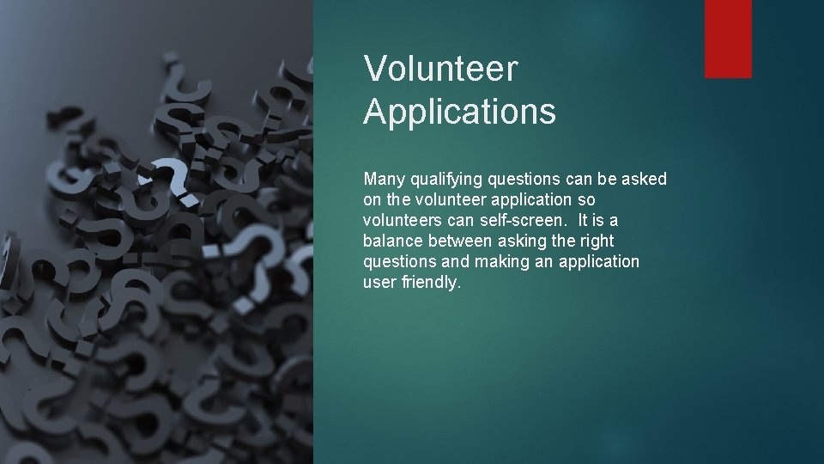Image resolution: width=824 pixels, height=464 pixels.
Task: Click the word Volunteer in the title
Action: click(440, 69)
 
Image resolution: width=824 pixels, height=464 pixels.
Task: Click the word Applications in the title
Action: click(459, 112)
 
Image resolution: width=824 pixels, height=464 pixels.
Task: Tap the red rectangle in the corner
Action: click(728, 39)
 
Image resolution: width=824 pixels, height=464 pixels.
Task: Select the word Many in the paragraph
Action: click(383, 179)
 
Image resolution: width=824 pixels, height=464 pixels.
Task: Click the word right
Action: click(597, 241)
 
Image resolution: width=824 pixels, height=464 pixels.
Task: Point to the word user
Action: click(379, 282)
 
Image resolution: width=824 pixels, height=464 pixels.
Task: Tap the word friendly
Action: click(431, 282)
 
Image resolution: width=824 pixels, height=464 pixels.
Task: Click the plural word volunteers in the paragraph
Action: click(398, 220)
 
